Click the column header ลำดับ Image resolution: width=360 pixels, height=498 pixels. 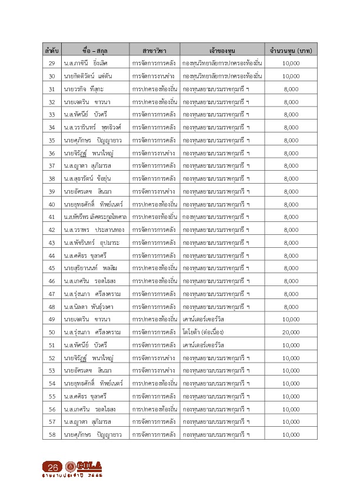click(51, 50)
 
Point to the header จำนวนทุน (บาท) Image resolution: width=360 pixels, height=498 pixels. click(291, 50)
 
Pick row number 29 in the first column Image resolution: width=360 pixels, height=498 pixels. click(51, 63)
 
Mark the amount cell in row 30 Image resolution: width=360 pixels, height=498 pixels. click(291, 76)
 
